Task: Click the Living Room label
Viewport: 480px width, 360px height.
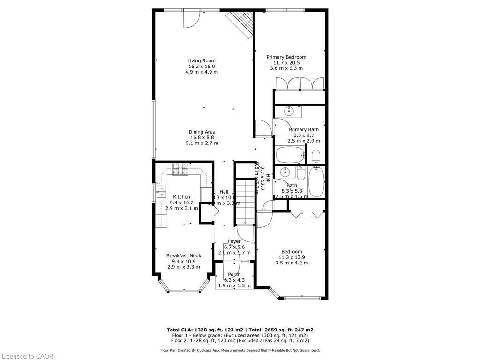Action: point(202,60)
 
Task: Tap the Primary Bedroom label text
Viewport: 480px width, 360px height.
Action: point(286,57)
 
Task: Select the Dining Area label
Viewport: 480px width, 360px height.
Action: point(202,132)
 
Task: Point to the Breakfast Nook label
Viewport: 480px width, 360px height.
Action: point(184,255)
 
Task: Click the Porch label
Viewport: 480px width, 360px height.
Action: point(234,275)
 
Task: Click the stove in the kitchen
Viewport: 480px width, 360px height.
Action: point(180,169)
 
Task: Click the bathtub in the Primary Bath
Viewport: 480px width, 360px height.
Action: point(290,155)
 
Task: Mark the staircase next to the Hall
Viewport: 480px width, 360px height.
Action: point(244,202)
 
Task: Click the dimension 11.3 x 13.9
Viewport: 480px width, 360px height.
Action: point(292,257)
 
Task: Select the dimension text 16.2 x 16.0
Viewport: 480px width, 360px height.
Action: point(202,66)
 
